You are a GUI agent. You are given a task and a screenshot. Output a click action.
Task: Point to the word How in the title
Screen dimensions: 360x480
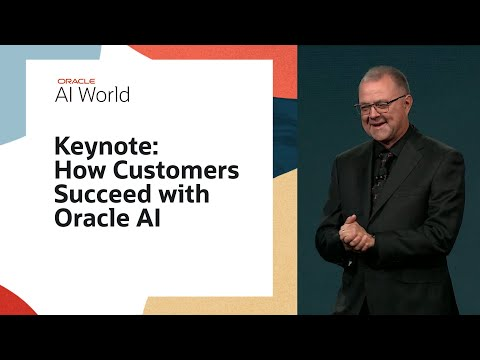[77, 171]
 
